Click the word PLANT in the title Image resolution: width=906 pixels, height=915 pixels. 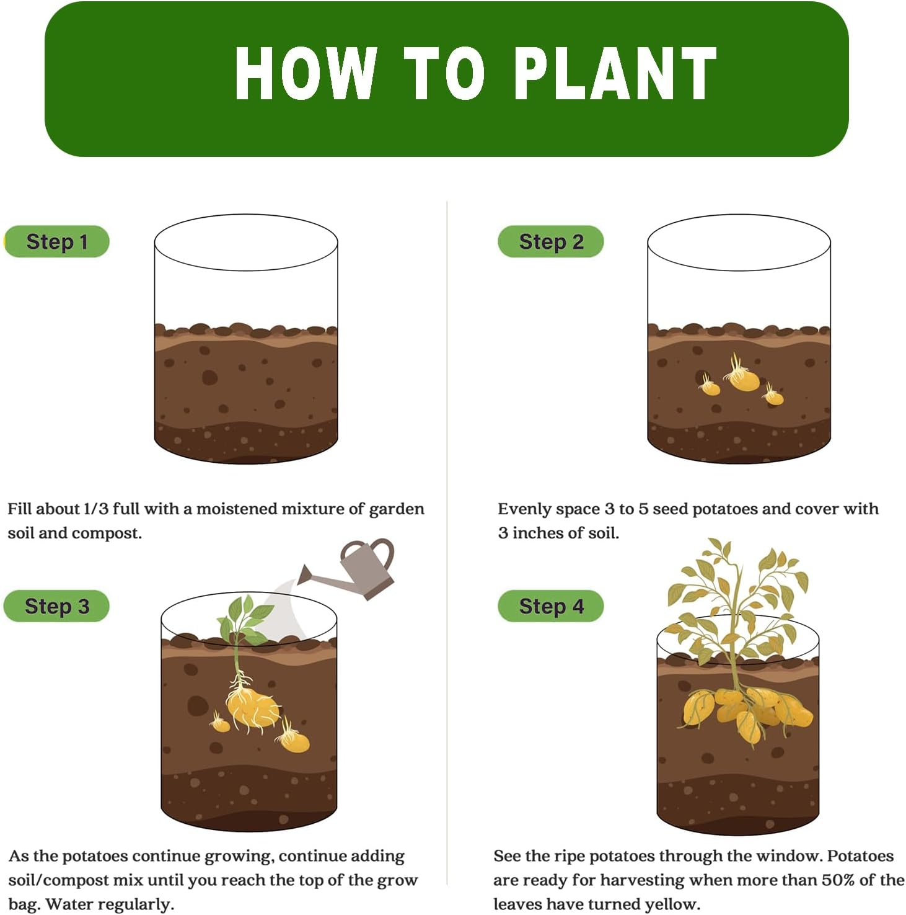[615, 73]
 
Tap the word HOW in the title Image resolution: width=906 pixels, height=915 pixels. [306, 73]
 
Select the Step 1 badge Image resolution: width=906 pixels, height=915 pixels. [56, 241]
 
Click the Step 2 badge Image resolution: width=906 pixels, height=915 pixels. [550, 241]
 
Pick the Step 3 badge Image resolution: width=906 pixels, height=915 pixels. [56, 606]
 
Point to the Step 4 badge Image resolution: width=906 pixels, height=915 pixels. [550, 606]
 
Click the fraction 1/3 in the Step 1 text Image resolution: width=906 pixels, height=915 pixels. [95, 509]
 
